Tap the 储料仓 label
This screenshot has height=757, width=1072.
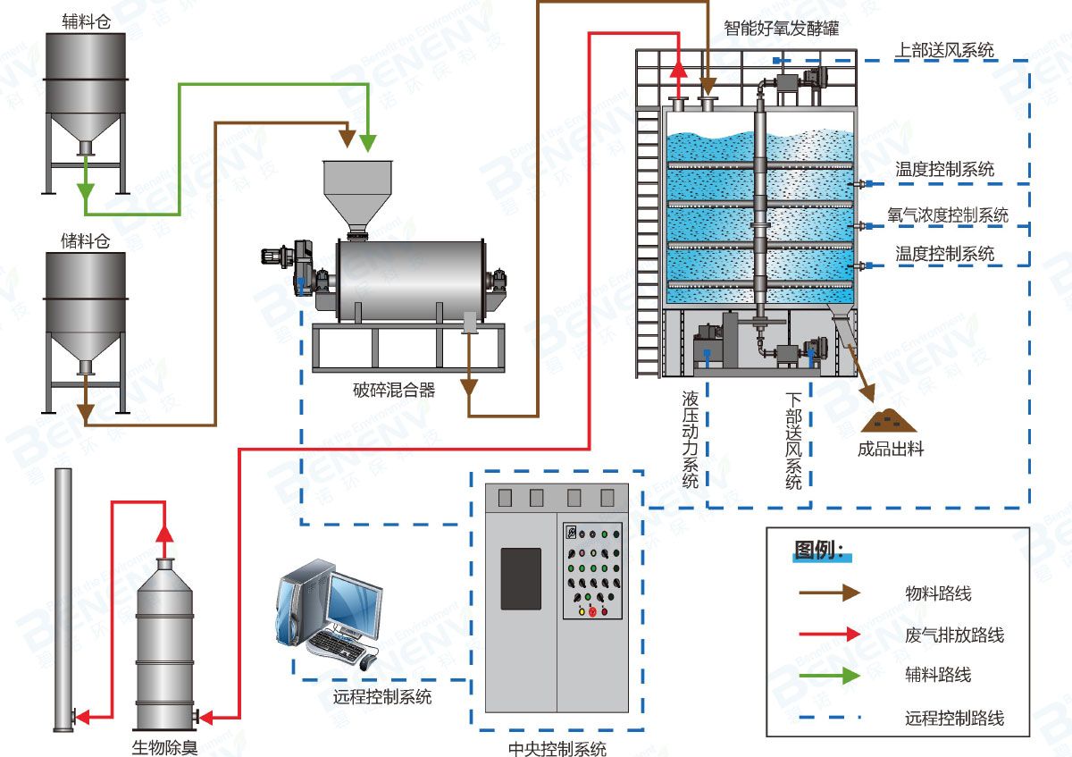tap(85, 240)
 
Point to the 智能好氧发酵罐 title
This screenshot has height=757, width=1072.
tap(782, 27)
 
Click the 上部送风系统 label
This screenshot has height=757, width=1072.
tap(945, 50)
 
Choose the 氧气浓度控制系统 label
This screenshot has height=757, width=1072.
tap(948, 215)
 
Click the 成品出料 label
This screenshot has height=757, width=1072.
tap(891, 450)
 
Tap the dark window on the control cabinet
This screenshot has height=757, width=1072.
tap(521, 578)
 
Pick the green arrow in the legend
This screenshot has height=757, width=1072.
tap(830, 674)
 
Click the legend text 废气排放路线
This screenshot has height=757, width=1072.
tap(954, 635)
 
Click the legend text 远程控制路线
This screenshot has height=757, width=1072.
tap(954, 718)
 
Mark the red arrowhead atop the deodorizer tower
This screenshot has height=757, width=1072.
tap(164, 533)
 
